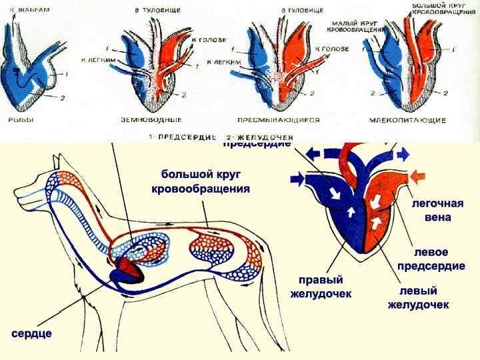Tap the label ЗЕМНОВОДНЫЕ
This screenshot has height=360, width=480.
pyautogui.click(x=153, y=121)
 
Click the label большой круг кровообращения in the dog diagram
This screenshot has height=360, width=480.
pyautogui.click(x=200, y=181)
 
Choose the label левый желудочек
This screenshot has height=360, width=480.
pyautogui.click(x=418, y=298)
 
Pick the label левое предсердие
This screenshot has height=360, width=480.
pyautogui.click(x=431, y=260)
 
